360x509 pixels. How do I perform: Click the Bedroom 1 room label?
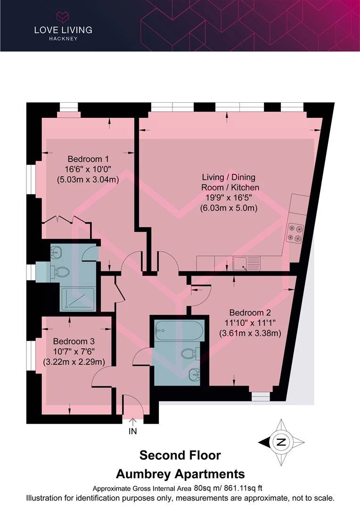point(88,159)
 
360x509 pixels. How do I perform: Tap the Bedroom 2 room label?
point(250,312)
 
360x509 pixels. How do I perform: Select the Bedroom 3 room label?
point(74,341)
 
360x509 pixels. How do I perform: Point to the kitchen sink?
point(246,263)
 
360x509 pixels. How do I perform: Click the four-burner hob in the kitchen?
point(295,234)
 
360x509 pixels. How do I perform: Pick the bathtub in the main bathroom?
point(179,331)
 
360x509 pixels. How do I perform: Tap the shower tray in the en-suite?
point(77,298)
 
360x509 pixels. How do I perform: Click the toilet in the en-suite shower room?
point(60,272)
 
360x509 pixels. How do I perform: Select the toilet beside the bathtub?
point(190,353)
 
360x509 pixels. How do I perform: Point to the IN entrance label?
point(133,431)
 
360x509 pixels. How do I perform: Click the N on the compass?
point(281,442)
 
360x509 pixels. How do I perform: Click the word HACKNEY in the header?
point(63,39)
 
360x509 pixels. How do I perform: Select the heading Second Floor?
point(180,455)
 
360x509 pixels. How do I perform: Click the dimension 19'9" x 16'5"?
point(229,197)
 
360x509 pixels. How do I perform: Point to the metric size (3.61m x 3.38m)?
point(250,333)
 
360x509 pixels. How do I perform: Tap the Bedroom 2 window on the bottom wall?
point(261,396)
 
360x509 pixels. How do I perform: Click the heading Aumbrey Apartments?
point(180,474)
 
